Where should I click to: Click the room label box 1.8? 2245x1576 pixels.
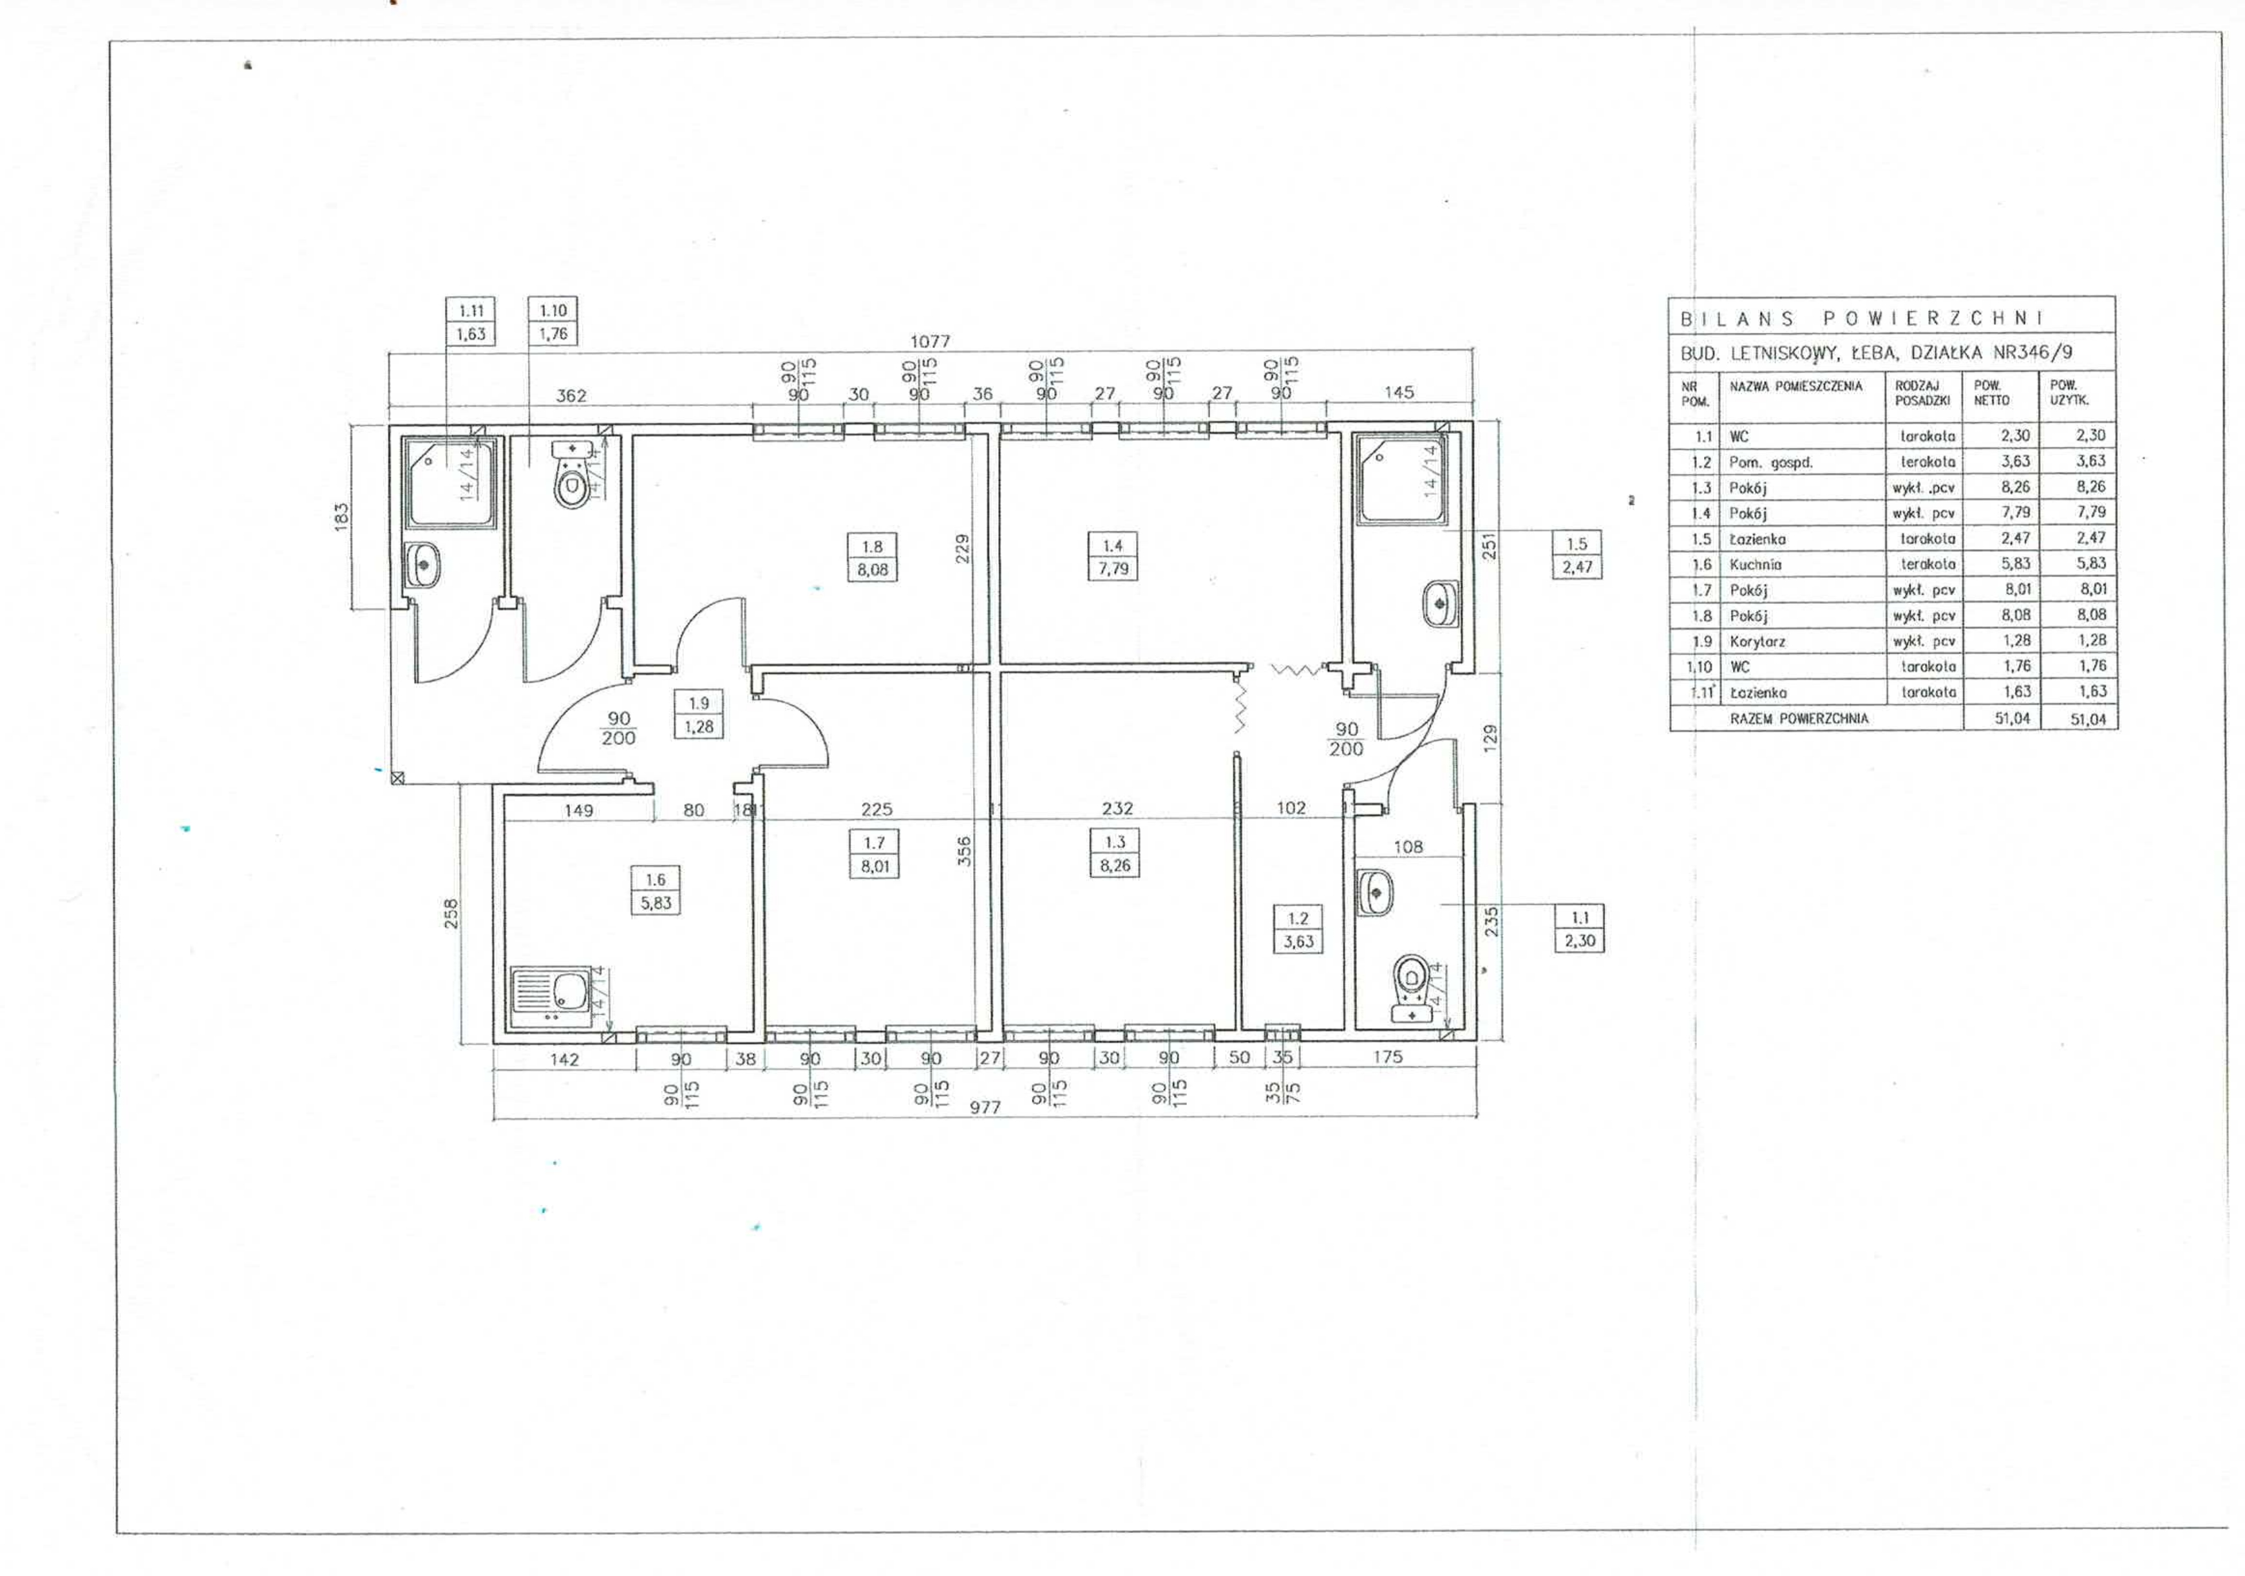click(872, 558)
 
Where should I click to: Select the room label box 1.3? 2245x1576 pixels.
click(1115, 854)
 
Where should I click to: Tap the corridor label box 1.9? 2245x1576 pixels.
click(698, 715)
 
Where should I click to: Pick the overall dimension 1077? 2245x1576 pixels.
click(930, 341)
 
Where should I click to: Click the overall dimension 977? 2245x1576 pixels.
click(985, 1108)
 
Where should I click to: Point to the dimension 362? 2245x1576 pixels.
click(571, 395)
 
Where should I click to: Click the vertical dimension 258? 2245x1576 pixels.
click(451, 914)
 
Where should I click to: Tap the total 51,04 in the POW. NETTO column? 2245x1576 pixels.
click(2013, 718)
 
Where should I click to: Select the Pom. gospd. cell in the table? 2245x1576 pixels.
click(1771, 462)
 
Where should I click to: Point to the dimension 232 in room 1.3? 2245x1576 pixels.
click(1117, 809)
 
